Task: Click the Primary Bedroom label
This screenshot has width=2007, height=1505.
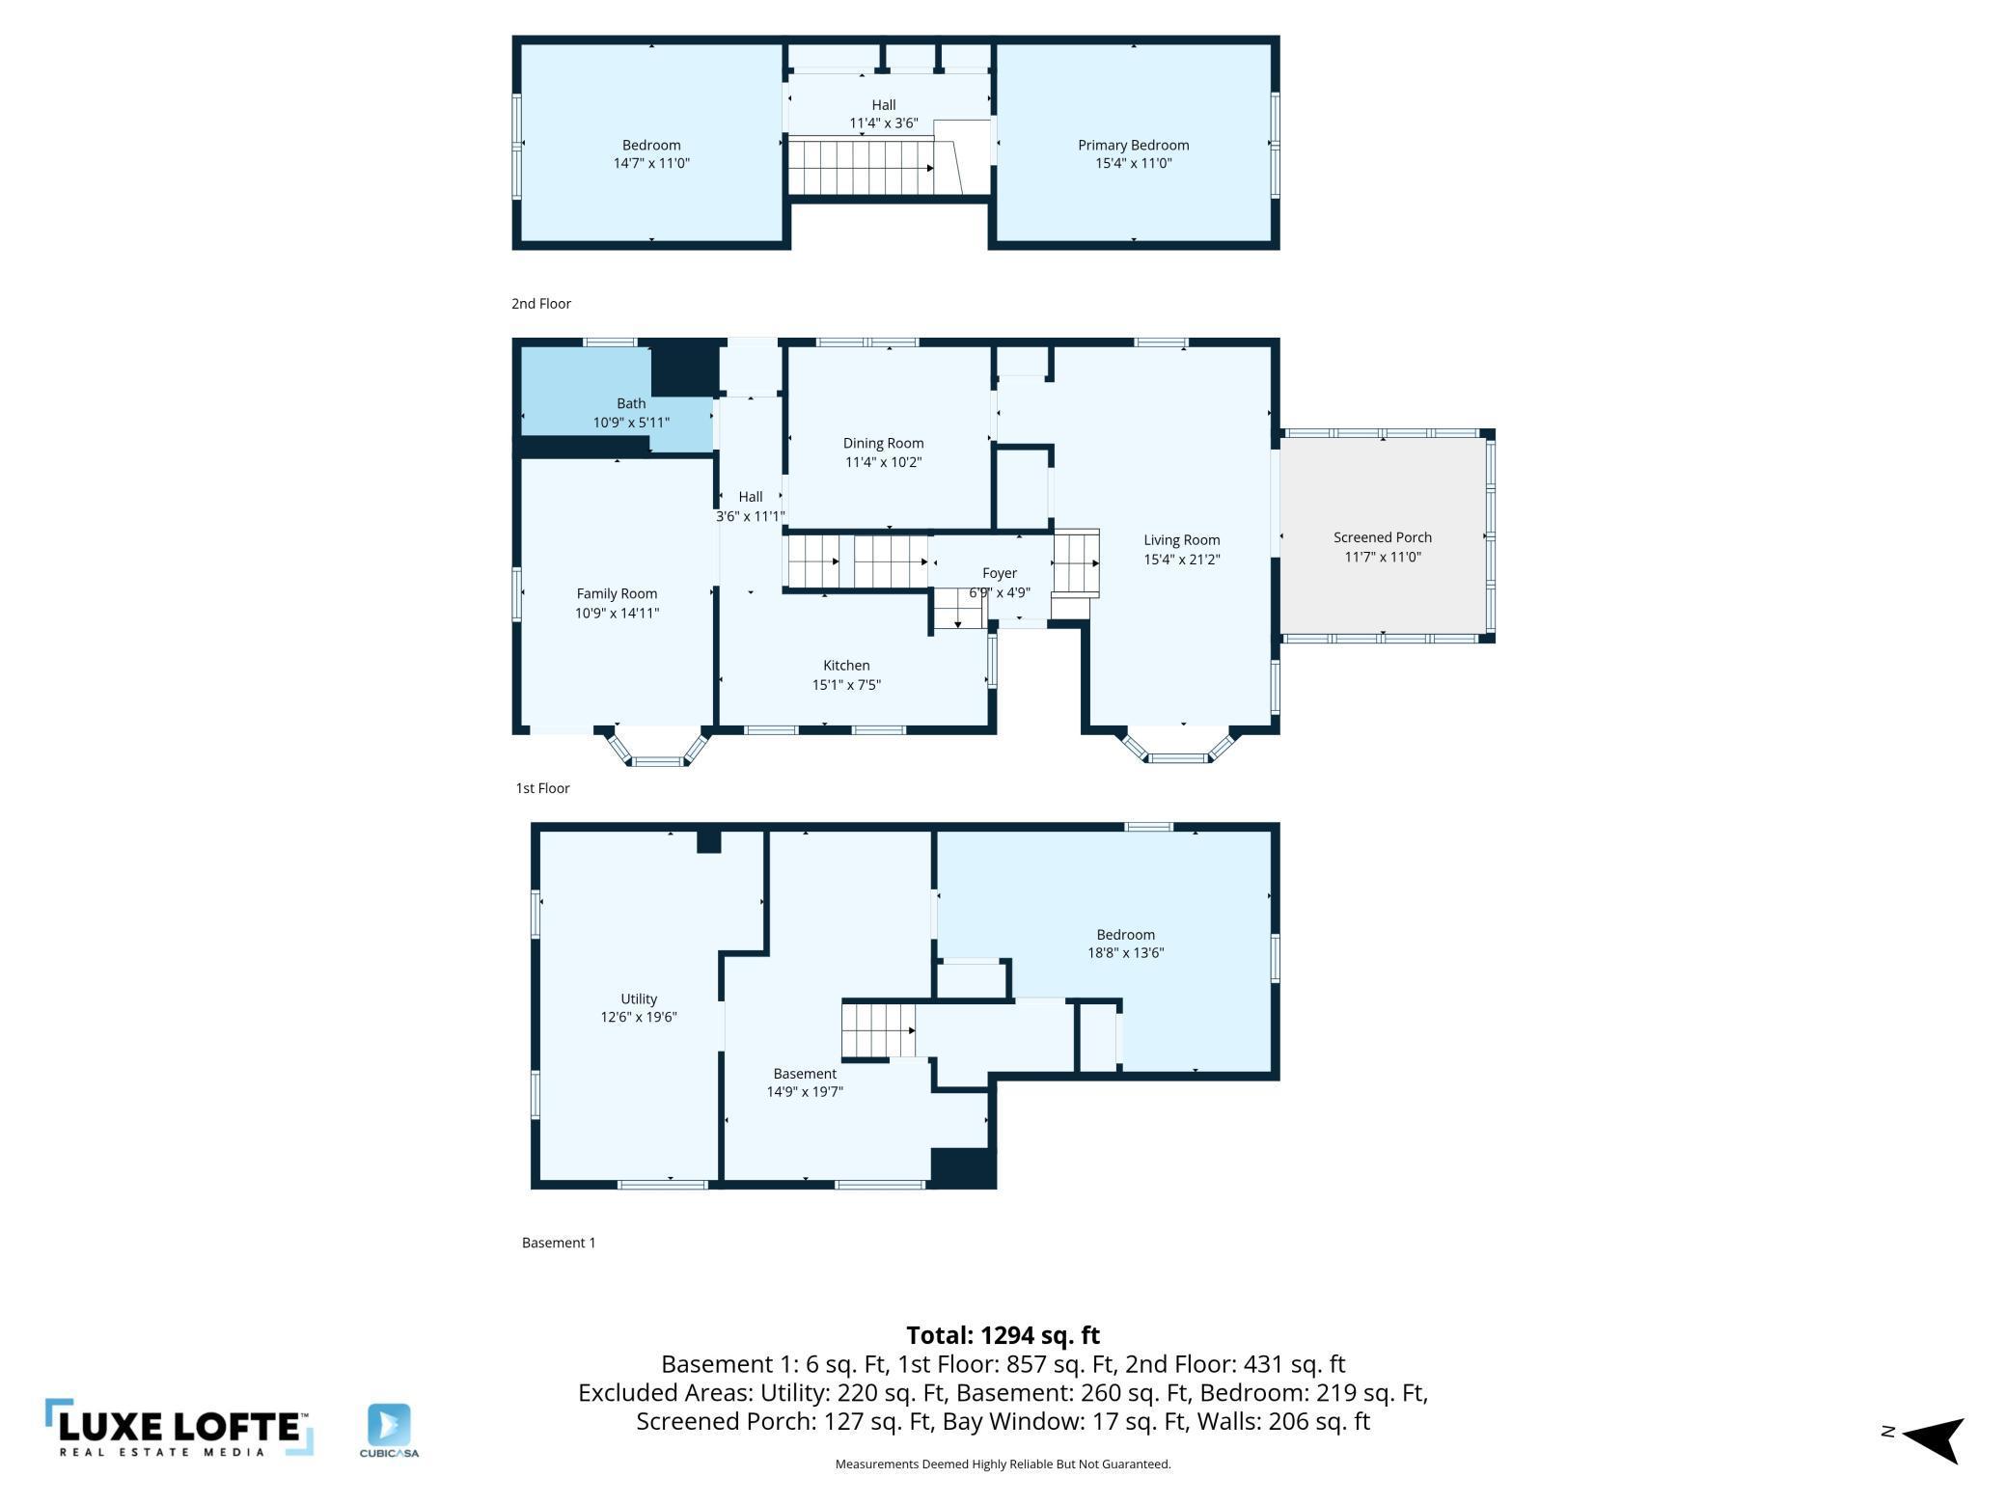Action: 1133,146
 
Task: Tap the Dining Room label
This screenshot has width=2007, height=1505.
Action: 883,444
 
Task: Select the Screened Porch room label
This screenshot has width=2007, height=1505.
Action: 1383,537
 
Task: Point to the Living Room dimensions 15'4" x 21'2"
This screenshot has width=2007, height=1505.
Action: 1182,560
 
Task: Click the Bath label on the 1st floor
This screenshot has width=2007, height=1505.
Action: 631,403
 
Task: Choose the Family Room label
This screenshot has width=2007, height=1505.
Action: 617,594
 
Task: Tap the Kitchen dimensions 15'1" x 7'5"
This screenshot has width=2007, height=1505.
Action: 846,685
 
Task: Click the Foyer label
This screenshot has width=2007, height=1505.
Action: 1000,573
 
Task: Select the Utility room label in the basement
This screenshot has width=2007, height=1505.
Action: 639,999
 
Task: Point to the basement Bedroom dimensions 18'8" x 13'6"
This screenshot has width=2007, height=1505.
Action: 1126,953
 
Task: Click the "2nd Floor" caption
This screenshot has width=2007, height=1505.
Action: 541,304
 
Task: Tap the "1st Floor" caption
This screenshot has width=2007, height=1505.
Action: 542,788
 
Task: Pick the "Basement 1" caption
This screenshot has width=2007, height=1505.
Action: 559,1243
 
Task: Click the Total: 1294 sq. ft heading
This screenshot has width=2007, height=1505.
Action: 1003,1335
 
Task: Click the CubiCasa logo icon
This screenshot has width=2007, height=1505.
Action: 389,1425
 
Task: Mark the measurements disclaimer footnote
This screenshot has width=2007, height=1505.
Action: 1003,1464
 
